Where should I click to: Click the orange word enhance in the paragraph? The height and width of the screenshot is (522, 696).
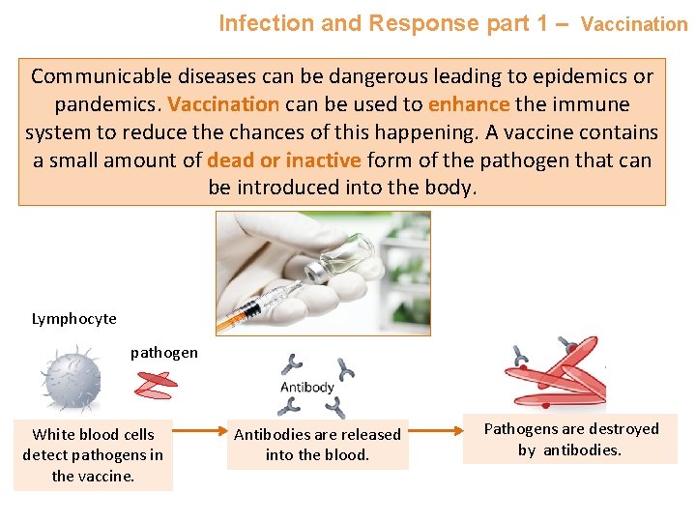(468, 103)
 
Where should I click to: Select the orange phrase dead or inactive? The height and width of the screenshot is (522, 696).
(283, 159)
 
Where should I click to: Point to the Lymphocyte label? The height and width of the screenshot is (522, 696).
(73, 319)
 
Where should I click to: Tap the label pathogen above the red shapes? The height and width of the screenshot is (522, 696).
(164, 353)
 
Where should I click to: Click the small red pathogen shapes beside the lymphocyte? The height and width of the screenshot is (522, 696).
(157, 385)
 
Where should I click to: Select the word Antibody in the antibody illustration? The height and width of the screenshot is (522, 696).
(306, 388)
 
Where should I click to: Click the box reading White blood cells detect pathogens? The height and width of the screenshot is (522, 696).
(93, 455)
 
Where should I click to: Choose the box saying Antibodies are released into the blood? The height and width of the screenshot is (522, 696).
(317, 445)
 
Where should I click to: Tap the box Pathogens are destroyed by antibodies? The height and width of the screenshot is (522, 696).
(570, 439)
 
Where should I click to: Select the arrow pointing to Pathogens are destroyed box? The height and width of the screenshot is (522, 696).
(438, 429)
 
